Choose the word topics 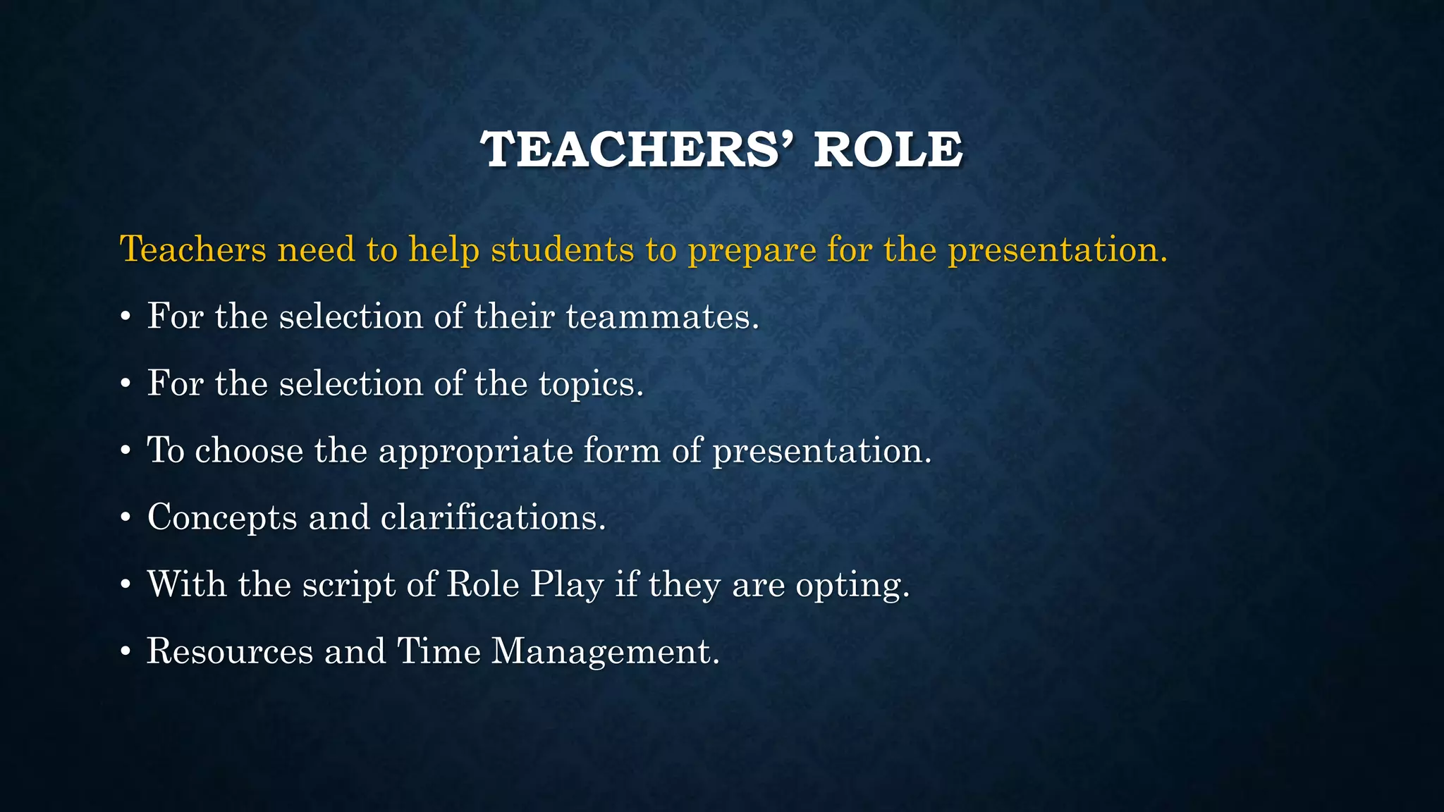(591, 385)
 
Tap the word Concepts (222, 519)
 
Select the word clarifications (493, 517)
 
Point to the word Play (568, 586)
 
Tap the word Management (605, 652)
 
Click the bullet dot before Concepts (126, 519)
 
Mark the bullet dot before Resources (126, 653)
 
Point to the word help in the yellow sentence (443, 251)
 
